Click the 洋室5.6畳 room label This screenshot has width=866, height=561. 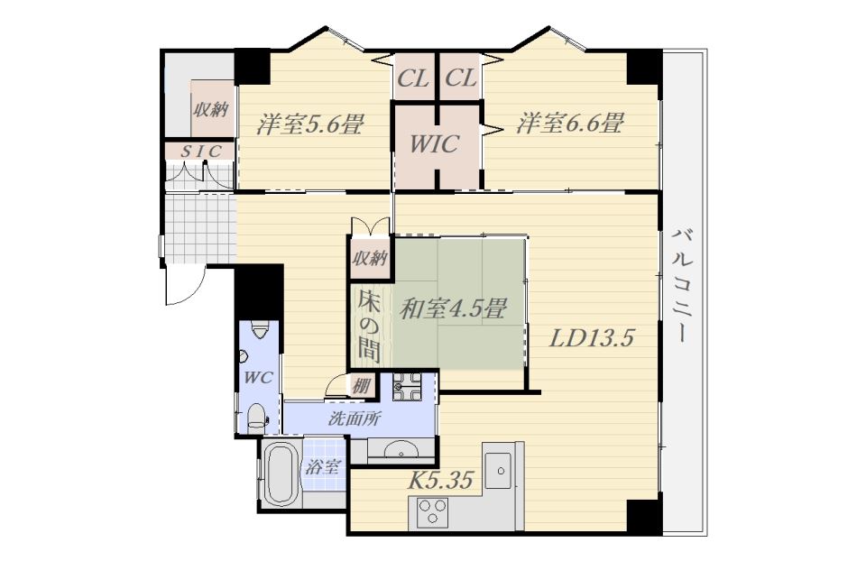point(309,124)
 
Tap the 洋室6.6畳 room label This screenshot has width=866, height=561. point(570,123)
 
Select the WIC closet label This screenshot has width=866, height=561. point(434,144)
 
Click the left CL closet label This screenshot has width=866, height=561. point(413,78)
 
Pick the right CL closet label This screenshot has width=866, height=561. point(461,78)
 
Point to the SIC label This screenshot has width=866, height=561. point(201,152)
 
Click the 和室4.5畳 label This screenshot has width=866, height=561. point(453,308)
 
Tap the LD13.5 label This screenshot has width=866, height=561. point(590,337)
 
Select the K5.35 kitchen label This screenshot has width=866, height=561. point(440,480)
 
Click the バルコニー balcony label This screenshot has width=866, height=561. point(682,286)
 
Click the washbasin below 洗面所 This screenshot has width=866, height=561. point(401,449)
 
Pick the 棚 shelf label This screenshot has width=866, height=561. point(360,385)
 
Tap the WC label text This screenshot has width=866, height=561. point(259,378)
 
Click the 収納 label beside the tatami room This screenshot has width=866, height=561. point(370,258)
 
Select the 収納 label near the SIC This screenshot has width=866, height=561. point(210,109)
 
